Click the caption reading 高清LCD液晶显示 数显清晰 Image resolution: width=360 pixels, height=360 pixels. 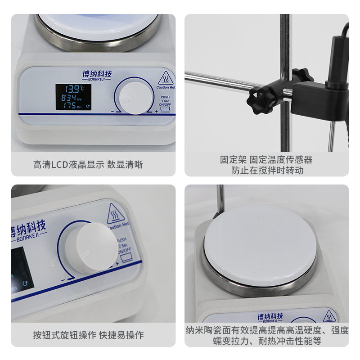(88, 165)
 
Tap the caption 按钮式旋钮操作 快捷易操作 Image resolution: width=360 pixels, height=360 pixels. (88, 335)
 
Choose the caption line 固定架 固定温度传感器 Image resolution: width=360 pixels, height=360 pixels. (266, 160)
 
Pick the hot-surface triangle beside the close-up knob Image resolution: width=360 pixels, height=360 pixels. (116, 215)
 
